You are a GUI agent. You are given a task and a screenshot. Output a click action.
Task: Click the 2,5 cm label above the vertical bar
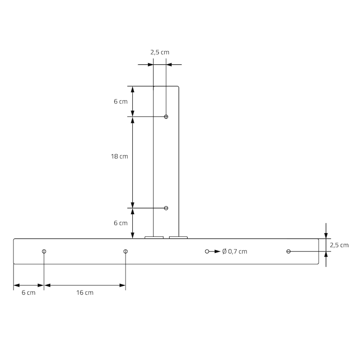point(160,52)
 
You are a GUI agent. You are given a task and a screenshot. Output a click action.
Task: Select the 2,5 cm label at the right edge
point(339,245)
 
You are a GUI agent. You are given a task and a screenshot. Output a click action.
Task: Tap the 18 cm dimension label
point(119,156)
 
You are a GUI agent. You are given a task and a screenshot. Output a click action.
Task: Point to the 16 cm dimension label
point(85,292)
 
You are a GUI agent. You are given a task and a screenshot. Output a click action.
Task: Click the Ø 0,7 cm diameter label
point(234,252)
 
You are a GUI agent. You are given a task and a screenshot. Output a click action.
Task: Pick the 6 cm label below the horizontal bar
point(28,292)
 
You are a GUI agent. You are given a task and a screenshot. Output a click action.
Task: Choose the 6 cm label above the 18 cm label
point(121,101)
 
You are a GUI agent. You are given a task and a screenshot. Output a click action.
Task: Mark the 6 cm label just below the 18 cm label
point(121,223)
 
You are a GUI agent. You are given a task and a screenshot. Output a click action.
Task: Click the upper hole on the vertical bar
point(166,117)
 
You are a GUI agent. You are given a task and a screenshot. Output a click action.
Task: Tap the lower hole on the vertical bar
point(166,208)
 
